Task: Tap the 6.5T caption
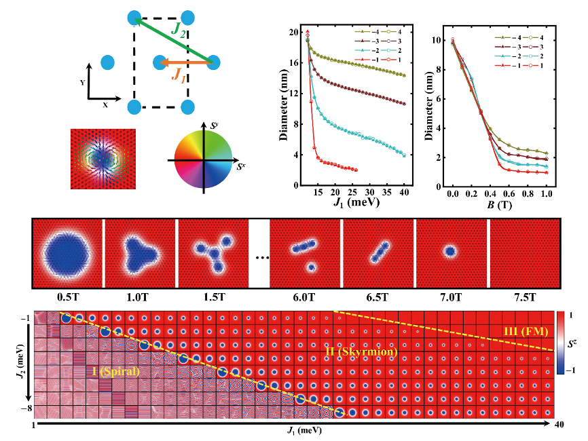point(375,297)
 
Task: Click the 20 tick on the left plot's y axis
point(294,32)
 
